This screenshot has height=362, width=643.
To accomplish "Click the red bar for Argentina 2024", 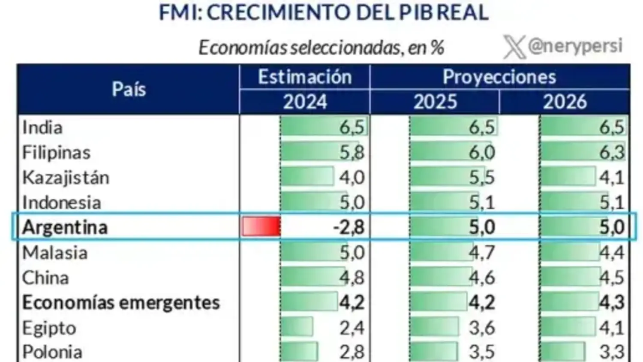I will (x=261, y=226).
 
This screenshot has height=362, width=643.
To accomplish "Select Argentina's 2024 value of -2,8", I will (x=349, y=227).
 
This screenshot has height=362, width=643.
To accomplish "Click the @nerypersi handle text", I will (x=575, y=46).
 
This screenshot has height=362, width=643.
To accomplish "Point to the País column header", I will (x=129, y=89).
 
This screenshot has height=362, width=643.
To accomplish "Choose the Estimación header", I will (x=305, y=77).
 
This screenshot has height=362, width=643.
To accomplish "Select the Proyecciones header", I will (x=499, y=77).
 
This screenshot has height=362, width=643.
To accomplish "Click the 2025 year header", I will (x=435, y=102).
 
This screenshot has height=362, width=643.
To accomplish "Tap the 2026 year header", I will (x=565, y=102).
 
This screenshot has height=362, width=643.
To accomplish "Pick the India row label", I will (x=42, y=127).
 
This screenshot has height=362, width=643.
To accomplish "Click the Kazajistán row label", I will (x=66, y=178).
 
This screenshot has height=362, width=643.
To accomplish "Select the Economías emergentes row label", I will (x=121, y=303).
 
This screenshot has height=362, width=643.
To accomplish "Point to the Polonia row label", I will (x=52, y=352).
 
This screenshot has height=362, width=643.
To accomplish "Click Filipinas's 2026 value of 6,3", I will (x=612, y=152).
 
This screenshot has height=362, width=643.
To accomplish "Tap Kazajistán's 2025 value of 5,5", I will (x=482, y=178).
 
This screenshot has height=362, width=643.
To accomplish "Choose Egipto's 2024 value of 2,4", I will (x=352, y=328).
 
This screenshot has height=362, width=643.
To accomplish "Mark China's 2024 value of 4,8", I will (x=352, y=278).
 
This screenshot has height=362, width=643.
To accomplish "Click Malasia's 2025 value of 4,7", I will (x=482, y=253).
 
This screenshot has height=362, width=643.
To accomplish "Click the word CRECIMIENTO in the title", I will (x=279, y=12).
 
